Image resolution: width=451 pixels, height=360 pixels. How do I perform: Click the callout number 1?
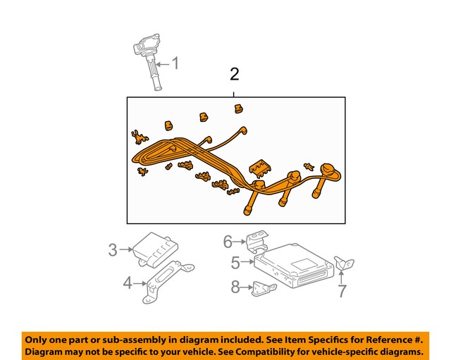[175, 65]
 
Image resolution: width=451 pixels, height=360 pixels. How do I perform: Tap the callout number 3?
[113, 249]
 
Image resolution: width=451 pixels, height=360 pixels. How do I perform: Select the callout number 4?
[128, 283]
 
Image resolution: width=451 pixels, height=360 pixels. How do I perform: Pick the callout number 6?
[228, 242]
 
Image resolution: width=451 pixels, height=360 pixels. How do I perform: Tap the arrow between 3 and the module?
[127, 249]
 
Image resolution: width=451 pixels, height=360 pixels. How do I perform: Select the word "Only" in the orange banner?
[38, 337]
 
